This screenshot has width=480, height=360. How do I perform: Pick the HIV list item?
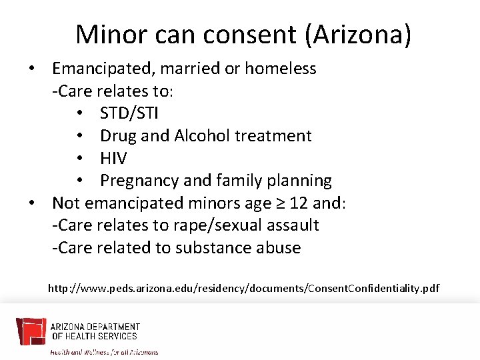tap(113, 158)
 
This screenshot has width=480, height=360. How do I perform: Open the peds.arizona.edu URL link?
tap(243, 289)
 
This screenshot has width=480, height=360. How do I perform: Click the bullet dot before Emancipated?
tap(31, 69)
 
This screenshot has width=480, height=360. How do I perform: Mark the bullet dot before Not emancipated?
tap(31, 203)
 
